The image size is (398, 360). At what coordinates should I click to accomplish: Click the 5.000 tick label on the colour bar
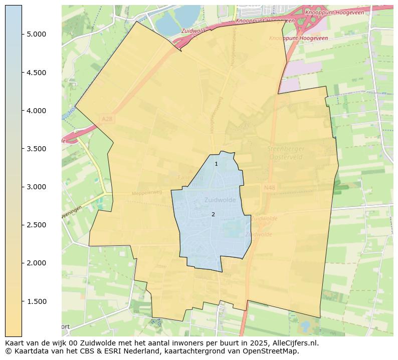[x=36, y=34]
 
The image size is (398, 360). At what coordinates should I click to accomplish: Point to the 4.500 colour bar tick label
[x=36, y=73]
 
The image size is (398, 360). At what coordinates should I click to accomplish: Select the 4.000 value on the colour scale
[x=36, y=111]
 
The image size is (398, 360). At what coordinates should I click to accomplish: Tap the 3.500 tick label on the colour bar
[x=36, y=149]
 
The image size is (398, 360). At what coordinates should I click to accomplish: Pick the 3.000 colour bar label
[x=36, y=187]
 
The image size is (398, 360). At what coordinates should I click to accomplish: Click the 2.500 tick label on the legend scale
[x=36, y=225]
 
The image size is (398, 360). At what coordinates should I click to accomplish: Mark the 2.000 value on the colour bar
[x=36, y=263]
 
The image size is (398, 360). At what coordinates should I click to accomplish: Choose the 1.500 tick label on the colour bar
[x=36, y=301]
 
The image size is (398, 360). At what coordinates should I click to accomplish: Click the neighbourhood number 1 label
[x=216, y=164]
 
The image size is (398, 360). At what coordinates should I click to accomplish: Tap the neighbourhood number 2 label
[x=213, y=214]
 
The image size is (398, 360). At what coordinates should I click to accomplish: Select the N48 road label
[x=269, y=188]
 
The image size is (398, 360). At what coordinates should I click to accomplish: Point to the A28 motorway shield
[x=107, y=119]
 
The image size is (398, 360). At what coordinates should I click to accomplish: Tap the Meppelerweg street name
[x=147, y=192]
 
